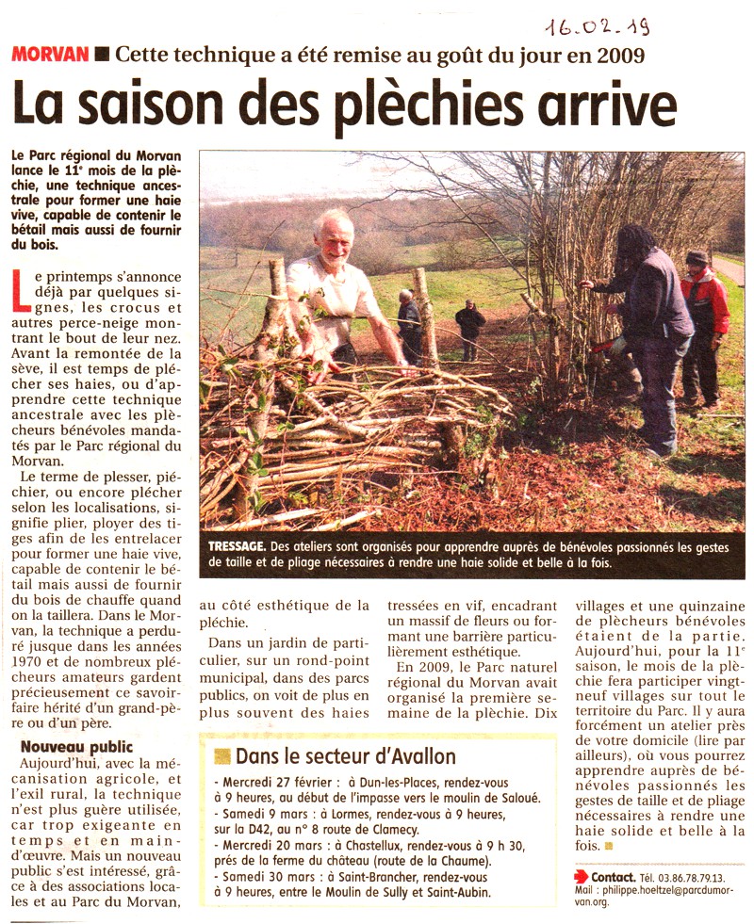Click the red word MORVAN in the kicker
(50, 55)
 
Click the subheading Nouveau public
(76, 748)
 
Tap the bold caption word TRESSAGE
(237, 546)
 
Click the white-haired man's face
(334, 235)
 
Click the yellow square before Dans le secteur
(222, 755)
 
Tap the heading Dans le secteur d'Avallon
(345, 756)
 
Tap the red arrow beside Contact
(582, 876)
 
